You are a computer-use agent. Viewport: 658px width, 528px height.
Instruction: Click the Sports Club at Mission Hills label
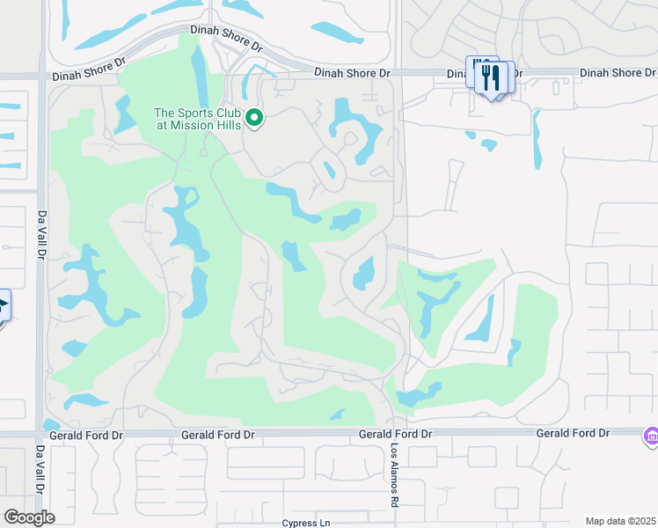click(199, 119)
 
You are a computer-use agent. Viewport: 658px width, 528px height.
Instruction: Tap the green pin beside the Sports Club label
click(254, 117)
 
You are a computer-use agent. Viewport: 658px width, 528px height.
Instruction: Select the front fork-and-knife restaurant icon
click(490, 78)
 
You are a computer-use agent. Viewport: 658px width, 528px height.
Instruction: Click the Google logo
click(29, 517)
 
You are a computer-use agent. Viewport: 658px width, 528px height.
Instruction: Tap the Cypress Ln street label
click(306, 523)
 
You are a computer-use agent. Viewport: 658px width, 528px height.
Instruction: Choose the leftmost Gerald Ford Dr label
click(80, 435)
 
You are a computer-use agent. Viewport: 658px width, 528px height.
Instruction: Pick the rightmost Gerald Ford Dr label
click(573, 433)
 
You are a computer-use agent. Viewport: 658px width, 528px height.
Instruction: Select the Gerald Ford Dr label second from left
click(217, 435)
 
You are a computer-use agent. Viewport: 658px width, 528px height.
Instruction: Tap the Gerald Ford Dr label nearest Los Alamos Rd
click(396, 435)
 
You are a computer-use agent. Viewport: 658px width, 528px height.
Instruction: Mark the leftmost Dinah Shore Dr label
click(89, 77)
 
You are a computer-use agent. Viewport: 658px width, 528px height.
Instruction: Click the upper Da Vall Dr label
click(40, 235)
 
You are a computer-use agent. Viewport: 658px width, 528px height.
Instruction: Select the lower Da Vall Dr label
click(40, 472)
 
